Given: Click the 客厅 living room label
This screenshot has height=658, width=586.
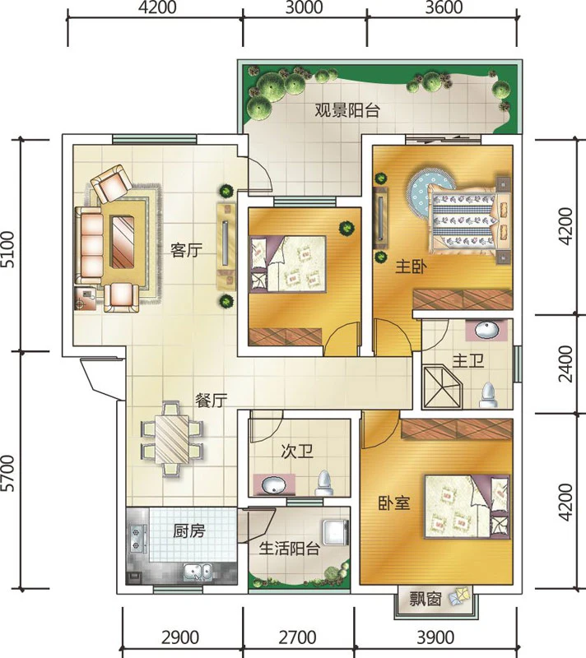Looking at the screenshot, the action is (186, 251).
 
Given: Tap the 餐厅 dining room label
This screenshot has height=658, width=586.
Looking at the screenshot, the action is (212, 401).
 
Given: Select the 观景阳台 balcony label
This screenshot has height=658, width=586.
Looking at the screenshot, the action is (347, 110).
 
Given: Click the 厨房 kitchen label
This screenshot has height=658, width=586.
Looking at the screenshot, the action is (189, 531).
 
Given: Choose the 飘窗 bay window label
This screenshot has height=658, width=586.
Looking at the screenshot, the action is (426, 599).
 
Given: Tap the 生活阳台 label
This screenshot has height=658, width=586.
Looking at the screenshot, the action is (290, 548).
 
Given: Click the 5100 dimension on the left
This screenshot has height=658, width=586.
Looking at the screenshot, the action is (8, 249).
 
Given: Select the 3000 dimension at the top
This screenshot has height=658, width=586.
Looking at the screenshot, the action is (304, 7).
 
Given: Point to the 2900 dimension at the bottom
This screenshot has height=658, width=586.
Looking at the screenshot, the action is (180, 637).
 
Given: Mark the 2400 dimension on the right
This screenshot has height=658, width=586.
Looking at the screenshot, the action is (566, 364).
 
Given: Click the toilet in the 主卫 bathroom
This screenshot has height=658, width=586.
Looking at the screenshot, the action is (488, 395).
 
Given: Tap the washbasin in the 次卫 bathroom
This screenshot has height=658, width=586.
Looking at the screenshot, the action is (273, 485).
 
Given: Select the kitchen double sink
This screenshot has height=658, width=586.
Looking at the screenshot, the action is (198, 572).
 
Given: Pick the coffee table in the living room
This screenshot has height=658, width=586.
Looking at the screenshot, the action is (123, 241).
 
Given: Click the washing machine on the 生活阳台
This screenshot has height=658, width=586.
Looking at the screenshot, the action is (336, 532).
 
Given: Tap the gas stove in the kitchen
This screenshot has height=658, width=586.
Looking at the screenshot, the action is (137, 539).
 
